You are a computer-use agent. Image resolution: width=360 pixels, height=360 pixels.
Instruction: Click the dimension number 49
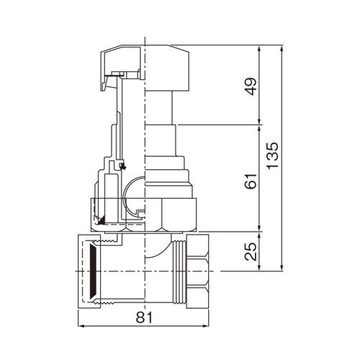pos(251,86)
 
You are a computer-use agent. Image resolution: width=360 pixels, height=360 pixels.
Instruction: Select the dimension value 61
pos(251,181)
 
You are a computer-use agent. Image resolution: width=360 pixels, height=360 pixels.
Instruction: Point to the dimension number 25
pos(251,251)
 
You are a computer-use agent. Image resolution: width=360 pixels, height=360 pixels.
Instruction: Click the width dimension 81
pos(144,318)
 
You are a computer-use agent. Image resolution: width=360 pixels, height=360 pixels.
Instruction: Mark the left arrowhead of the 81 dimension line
pos(81,326)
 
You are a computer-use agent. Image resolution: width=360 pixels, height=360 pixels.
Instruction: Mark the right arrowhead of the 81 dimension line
pos(206,326)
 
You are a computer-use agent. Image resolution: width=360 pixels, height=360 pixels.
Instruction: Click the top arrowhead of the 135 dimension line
pos(282,48)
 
